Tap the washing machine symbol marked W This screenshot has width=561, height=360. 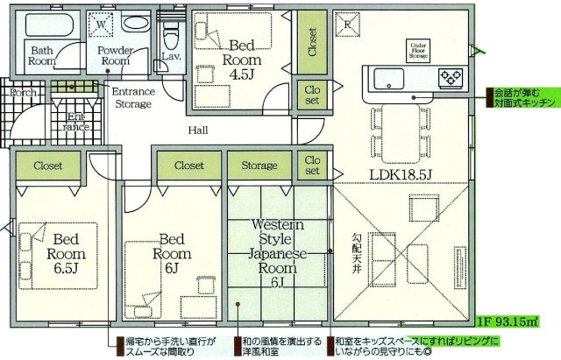[x=103, y=27]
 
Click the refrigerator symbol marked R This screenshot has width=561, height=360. [x=347, y=24]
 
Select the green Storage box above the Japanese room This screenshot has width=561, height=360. [x=259, y=165]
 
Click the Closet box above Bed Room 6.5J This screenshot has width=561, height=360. [x=48, y=165]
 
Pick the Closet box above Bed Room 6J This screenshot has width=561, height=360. [x=188, y=165]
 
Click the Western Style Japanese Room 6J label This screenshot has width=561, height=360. [x=277, y=253]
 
